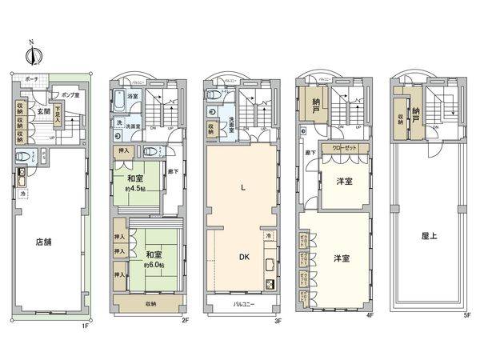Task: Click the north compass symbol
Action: point(31,54)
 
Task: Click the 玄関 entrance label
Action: point(43,112)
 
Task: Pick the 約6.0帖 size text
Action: point(154,265)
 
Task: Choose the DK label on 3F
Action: point(241,257)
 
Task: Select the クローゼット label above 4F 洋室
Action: point(345,149)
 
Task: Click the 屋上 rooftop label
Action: point(429,236)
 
